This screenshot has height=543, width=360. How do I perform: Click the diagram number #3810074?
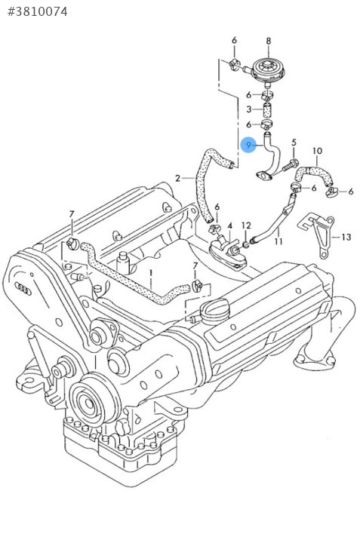click(x=37, y=12)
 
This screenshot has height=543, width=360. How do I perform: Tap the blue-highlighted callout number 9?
click(x=248, y=145)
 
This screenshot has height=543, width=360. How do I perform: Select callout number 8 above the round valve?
click(x=269, y=41)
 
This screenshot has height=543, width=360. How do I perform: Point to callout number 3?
click(x=249, y=109)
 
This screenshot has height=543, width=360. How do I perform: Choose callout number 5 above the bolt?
click(x=294, y=143)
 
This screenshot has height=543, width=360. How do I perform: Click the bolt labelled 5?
click(x=290, y=165)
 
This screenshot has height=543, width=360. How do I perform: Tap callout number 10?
click(x=318, y=151)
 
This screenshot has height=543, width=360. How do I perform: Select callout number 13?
click(x=346, y=237)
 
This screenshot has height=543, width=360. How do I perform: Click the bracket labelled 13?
click(x=317, y=235)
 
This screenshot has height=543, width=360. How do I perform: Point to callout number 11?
click(x=278, y=241)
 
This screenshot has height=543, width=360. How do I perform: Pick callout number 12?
click(x=246, y=225)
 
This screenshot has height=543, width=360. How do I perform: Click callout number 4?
click(x=229, y=225)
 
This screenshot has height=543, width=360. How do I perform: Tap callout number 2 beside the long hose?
click(x=178, y=178)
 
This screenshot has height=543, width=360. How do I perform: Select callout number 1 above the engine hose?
click(x=151, y=275)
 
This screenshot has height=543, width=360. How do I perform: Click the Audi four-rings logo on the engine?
click(x=23, y=288)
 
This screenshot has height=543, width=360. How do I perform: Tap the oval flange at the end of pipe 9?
click(x=264, y=176)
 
